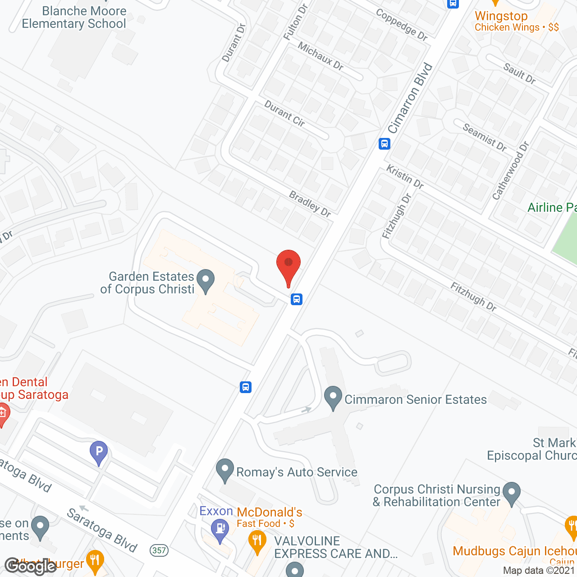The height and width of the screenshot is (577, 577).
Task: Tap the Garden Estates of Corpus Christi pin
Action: [206, 280]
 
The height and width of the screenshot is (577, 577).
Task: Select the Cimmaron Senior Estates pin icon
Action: [333, 397]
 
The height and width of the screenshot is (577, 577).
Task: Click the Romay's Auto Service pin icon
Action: [225, 470]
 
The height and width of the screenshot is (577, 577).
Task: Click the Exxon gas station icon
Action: [220, 528]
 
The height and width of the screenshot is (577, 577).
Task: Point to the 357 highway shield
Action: [159, 550]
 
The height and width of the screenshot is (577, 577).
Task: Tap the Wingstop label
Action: [501, 16]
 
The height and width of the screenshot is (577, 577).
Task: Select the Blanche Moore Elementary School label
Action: [74, 18]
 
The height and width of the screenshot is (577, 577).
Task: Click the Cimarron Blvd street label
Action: [410, 98]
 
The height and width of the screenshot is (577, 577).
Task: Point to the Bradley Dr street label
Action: [310, 204]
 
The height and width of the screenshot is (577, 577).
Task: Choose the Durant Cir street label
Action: [284, 113]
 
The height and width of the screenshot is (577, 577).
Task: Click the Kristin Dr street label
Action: [405, 177]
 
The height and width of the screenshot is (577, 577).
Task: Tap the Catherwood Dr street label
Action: [510, 171]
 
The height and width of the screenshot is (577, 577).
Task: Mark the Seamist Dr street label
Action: [485, 137]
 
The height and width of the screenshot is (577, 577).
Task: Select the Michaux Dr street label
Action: [321, 56]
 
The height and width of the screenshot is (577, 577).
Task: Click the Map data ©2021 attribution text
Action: [539, 570]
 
